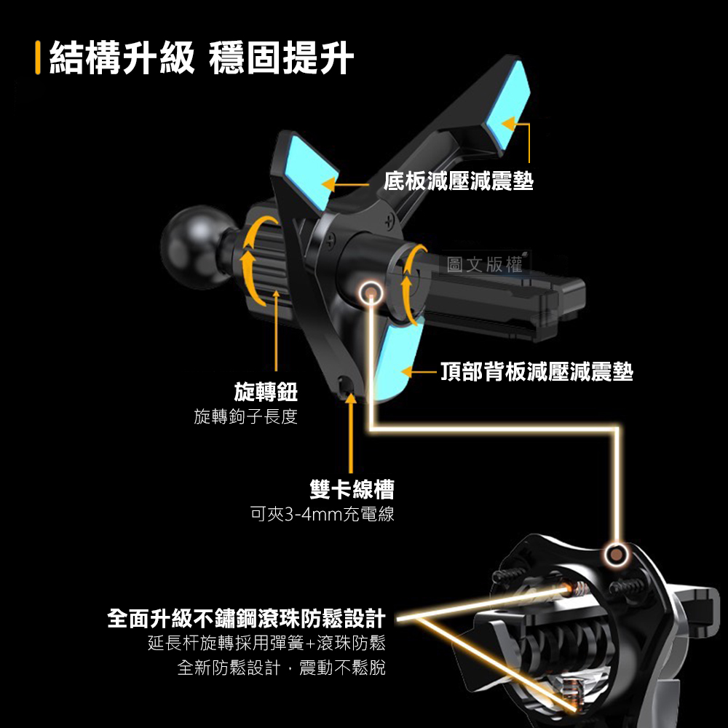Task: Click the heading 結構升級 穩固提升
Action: click(x=201, y=59)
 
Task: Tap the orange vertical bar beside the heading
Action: click(x=37, y=59)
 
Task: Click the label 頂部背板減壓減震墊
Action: click(x=537, y=373)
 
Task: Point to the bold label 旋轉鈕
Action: click(x=265, y=393)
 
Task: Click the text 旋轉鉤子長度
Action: click(x=245, y=417)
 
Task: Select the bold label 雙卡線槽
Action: click(x=352, y=489)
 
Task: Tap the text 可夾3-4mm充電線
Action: click(x=321, y=515)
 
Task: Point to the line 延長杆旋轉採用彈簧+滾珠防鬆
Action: click(x=266, y=644)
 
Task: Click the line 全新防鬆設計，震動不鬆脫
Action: click(x=281, y=668)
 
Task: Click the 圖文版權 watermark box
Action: click(x=486, y=265)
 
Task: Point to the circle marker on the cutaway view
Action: click(x=617, y=555)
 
